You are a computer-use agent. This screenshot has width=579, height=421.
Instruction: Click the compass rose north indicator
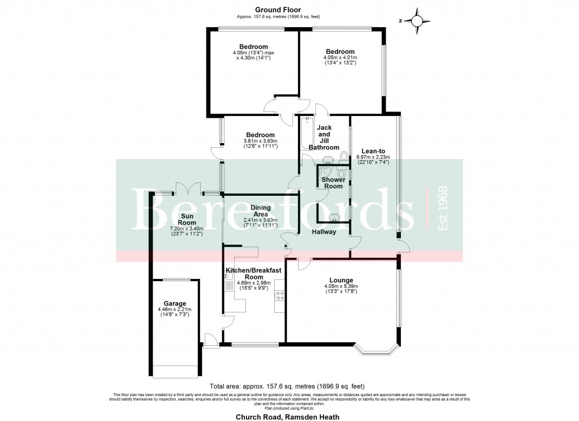[416, 21]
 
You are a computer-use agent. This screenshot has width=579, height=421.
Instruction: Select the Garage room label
[175, 303]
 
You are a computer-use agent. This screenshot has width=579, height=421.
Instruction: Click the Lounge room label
[341, 280]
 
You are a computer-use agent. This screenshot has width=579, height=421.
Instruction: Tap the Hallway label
[324, 232]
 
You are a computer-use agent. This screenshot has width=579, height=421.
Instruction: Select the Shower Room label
[333, 183]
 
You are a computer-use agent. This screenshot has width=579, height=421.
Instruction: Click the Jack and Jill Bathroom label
[324, 138]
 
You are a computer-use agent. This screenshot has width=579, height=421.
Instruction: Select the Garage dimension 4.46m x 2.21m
[175, 312]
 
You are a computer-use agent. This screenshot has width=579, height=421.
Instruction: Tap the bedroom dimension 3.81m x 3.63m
[260, 144]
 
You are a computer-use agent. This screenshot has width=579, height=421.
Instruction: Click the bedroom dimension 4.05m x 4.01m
[340, 60]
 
